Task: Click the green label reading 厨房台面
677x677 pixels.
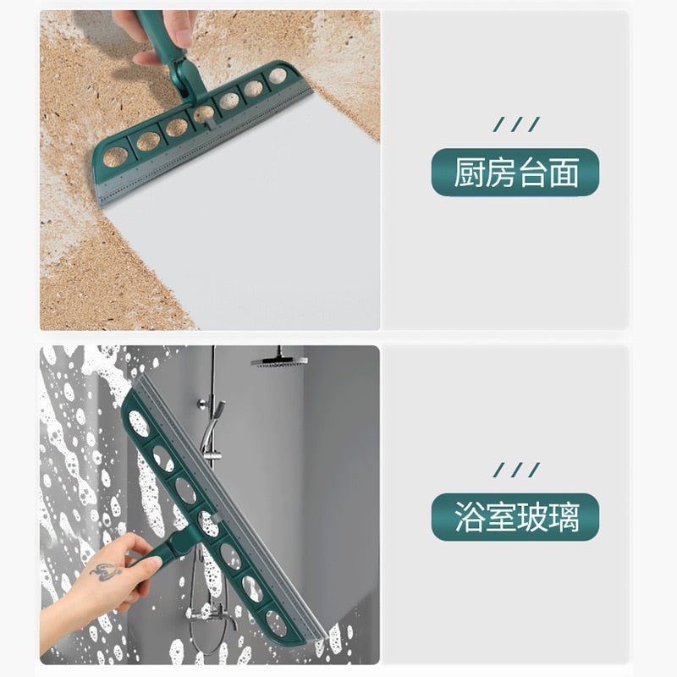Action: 515,173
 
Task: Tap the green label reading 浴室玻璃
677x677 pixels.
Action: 515,517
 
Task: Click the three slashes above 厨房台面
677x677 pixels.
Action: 515,125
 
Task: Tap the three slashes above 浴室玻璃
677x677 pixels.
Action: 515,470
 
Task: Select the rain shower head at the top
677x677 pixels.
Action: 279,361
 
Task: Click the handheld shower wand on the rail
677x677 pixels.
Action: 212,423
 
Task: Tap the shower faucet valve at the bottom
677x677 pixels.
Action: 203,614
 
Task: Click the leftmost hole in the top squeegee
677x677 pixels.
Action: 116,156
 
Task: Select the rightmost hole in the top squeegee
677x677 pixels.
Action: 278,76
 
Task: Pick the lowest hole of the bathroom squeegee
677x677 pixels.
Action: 277,624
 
